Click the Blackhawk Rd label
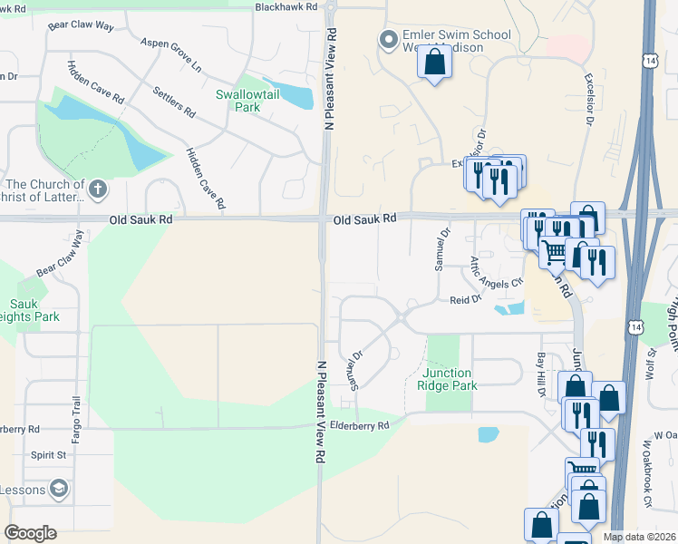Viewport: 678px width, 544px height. coord(286,6)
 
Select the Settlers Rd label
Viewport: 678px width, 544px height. coord(175,102)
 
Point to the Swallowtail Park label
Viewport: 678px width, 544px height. coord(238,101)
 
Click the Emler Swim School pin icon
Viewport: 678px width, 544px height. coord(389,39)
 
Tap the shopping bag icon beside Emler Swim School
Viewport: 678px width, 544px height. coord(435,62)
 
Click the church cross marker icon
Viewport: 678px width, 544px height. coord(98,189)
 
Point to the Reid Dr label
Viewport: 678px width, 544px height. coord(464,300)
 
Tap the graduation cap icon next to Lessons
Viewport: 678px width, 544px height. coord(60,490)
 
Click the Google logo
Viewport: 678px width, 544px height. coord(30,533)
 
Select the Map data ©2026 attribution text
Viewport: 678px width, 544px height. coord(638,537)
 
